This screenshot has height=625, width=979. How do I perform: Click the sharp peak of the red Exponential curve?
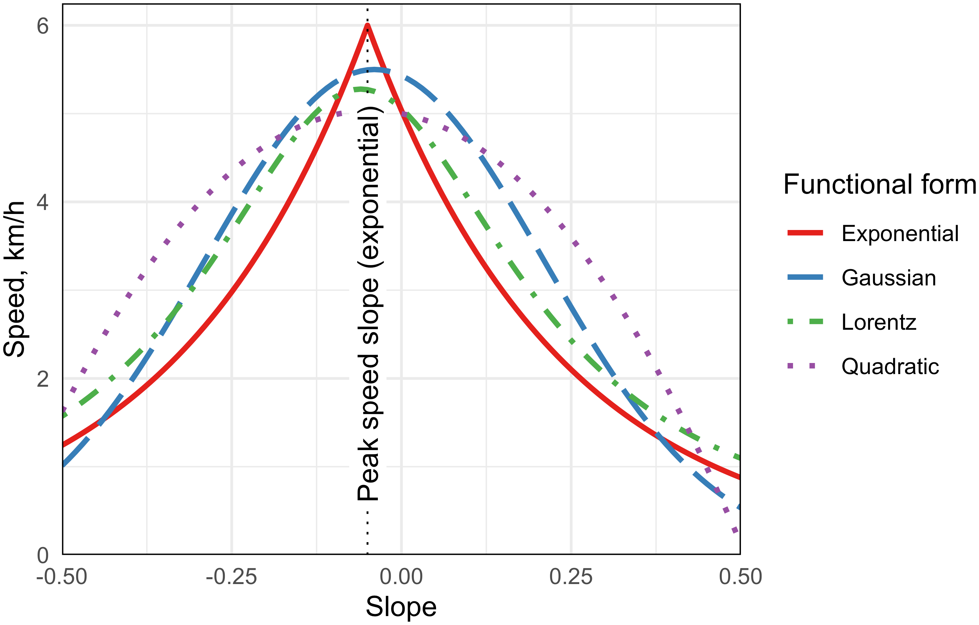(x=367, y=26)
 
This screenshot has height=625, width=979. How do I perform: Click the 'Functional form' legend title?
(x=880, y=184)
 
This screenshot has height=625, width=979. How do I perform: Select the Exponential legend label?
(x=900, y=234)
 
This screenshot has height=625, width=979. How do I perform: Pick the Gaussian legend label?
(x=889, y=278)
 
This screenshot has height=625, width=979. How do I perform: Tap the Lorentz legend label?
(x=879, y=322)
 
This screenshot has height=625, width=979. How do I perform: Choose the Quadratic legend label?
(x=890, y=367)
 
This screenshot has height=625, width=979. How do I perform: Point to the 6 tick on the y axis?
(x=43, y=26)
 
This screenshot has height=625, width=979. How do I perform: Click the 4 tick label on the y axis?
(x=43, y=202)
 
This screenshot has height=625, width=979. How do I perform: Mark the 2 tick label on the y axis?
(x=43, y=379)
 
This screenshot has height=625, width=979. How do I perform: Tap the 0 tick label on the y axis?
(x=43, y=555)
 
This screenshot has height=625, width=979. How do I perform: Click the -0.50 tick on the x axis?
(x=62, y=577)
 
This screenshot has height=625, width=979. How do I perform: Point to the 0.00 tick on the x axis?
(x=401, y=577)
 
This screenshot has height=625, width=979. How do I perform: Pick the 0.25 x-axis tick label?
(x=571, y=577)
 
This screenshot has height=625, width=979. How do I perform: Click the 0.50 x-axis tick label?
(x=740, y=577)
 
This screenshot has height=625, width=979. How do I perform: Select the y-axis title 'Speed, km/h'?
(x=14, y=279)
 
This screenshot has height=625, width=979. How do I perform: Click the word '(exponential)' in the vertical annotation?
(x=368, y=187)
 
